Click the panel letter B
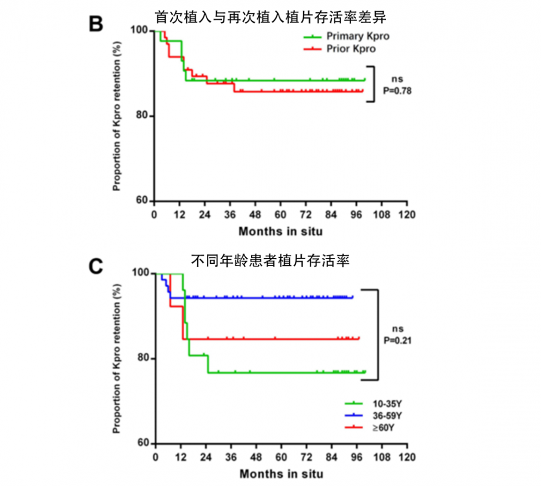tap(96, 24)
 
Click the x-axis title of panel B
tap(280, 232)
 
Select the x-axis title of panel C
tap(280, 474)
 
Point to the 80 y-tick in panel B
tap(142, 116)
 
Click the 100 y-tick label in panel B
tap(140, 31)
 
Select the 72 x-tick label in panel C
tap(306, 457)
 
